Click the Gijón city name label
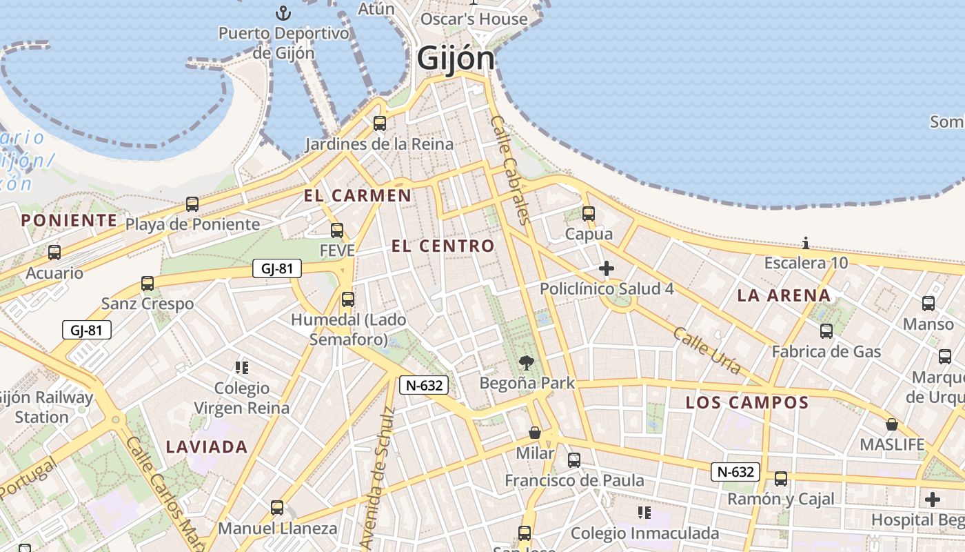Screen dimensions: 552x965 pos(456,59)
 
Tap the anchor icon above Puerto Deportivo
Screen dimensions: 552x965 pos(283,13)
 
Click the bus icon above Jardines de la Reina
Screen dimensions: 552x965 pos(379,124)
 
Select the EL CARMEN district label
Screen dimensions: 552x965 pos(358,195)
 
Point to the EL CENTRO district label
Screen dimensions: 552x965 pos(443,246)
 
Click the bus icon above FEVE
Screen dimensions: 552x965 pos(337,230)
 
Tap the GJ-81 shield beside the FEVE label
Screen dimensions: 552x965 pos(277,268)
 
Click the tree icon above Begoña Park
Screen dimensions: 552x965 pos(526,362)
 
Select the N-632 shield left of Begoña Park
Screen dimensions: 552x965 pos(424,385)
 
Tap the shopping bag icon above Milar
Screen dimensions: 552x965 pos(535,433)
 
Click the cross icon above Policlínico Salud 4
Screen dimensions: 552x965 pos(607,268)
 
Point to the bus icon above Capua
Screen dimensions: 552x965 pos(588,214)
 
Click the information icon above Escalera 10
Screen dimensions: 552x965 pos(806,243)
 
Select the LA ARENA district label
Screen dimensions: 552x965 pos(784,295)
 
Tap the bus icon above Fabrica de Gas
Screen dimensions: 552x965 pos(826,331)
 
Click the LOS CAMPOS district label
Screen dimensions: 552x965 pos(746,402)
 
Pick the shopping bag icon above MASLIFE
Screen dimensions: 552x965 pos(892,424)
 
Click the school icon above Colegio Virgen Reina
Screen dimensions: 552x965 pos(241,367)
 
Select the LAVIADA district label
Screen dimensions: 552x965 pos(207,446)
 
